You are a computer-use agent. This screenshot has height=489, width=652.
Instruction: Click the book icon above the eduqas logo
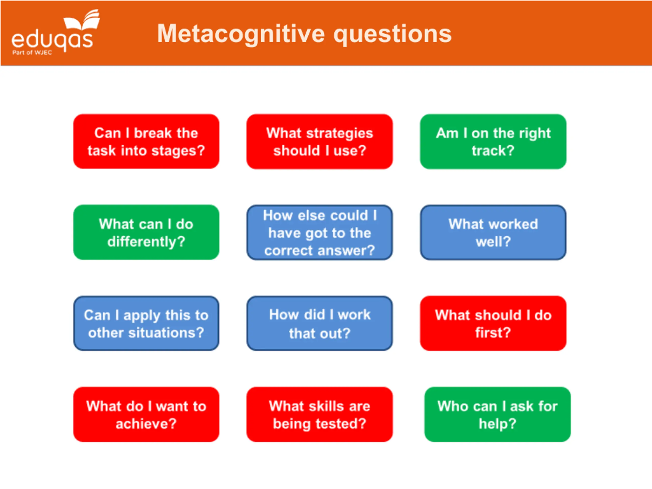(x=82, y=20)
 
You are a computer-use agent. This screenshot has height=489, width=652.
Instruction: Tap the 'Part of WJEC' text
(x=32, y=53)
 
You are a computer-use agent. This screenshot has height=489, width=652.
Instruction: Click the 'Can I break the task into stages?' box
(x=146, y=142)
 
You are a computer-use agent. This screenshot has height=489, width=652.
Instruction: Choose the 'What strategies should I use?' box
(x=320, y=142)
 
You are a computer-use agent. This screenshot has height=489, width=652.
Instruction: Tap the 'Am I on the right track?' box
(x=493, y=142)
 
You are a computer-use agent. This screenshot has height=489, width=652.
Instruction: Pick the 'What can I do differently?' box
(x=146, y=232)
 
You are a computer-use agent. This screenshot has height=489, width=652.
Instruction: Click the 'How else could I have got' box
(x=320, y=232)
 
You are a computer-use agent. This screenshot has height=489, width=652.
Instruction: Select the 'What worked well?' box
(x=493, y=232)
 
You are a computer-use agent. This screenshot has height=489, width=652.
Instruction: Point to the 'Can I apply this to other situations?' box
(x=146, y=323)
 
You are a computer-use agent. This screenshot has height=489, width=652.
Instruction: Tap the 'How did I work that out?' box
(x=320, y=323)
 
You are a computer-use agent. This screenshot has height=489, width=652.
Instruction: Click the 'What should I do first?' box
(x=493, y=323)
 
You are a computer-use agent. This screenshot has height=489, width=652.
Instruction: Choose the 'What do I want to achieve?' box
(x=146, y=414)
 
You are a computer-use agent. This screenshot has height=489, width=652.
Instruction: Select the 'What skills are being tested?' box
(x=320, y=414)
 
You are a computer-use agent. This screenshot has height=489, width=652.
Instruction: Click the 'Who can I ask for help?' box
(x=498, y=414)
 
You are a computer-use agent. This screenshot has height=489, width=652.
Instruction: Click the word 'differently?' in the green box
(x=146, y=242)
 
